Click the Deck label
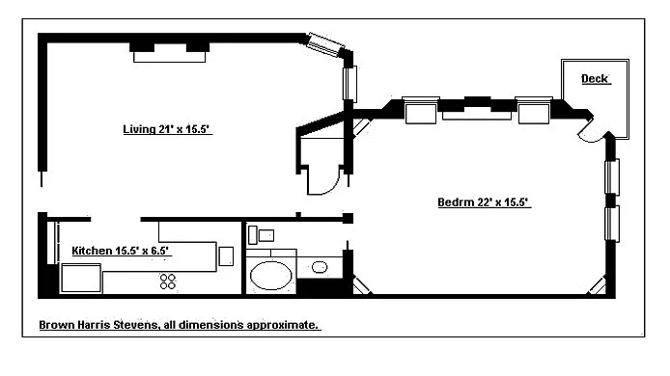595,78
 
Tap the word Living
139,129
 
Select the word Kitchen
92,251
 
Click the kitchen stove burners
168,282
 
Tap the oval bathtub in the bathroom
271,276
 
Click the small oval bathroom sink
320,268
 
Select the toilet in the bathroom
261,235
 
